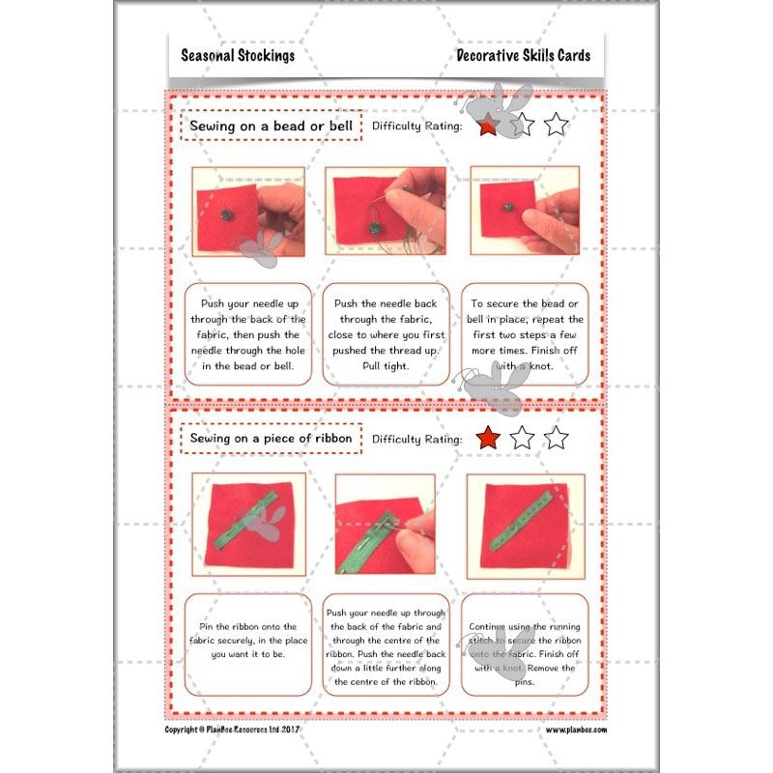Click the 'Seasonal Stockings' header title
pyautogui.click(x=238, y=55)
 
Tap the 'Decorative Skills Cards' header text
pyautogui.click(x=523, y=55)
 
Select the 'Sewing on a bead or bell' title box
pyautogui.click(x=271, y=126)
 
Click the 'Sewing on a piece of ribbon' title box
pyautogui.click(x=271, y=439)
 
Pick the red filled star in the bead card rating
pyautogui.click(x=488, y=126)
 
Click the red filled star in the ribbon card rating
pyautogui.click(x=488, y=439)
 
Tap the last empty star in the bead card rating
pyautogui.click(x=556, y=126)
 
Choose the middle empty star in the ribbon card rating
pyautogui.click(x=522, y=439)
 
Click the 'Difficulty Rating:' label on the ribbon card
pyautogui.click(x=416, y=440)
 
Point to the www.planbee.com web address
pyautogui.click(x=576, y=730)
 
